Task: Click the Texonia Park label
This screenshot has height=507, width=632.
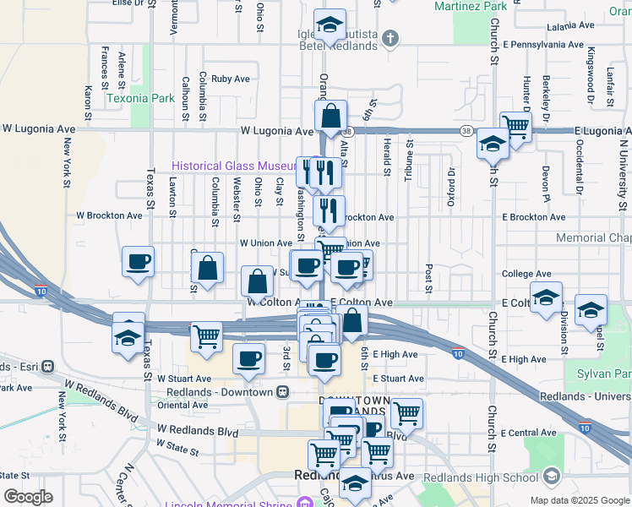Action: click(140, 98)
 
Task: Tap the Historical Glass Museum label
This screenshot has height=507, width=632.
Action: click(232, 166)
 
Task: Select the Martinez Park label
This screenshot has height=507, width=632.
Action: click(471, 7)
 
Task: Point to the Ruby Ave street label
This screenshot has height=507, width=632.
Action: click(231, 79)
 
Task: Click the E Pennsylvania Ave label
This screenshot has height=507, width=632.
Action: click(542, 44)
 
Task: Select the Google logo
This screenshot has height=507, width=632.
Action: click(28, 497)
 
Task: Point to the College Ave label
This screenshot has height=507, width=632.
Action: click(526, 274)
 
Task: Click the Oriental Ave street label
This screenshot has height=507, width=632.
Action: click(182, 405)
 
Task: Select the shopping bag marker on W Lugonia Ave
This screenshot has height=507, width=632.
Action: click(332, 116)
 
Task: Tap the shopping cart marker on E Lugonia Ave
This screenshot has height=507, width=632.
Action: click(515, 127)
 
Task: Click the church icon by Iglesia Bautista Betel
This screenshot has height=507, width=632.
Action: click(390, 38)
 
